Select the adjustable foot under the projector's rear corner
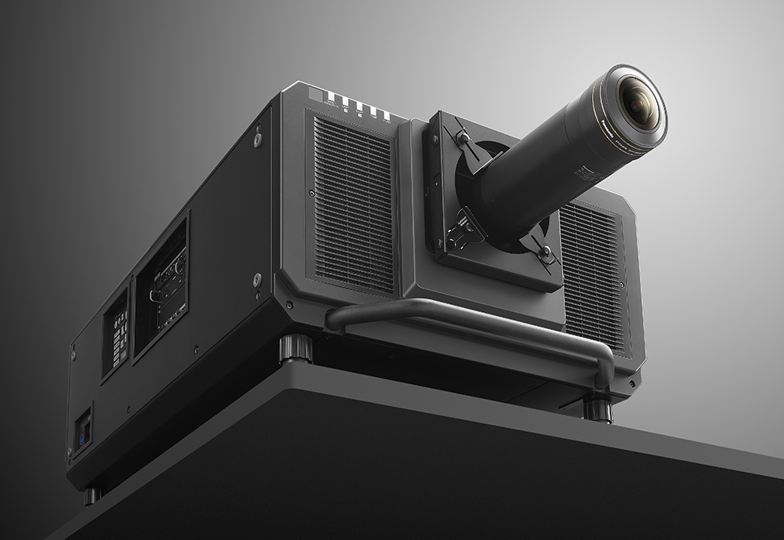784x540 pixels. tap(93, 495)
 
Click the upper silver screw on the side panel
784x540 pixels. tap(257, 140)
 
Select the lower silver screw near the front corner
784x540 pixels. tap(257, 279)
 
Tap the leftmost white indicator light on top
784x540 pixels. tap(331, 97)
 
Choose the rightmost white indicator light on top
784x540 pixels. tap(386, 115)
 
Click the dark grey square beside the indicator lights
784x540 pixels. tap(314, 93)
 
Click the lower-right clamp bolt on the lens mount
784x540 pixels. tap(546, 254)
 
